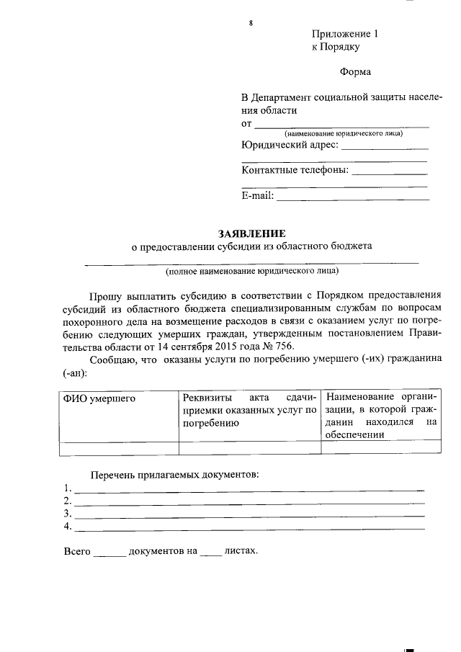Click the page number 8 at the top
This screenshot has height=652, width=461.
click(x=251, y=23)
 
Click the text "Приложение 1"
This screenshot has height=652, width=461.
click(x=344, y=35)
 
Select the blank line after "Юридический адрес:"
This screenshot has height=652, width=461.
click(x=385, y=147)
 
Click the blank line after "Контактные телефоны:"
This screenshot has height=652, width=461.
click(x=390, y=173)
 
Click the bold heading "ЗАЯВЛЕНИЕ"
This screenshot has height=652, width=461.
click(x=252, y=233)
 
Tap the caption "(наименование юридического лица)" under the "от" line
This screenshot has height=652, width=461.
click(x=344, y=134)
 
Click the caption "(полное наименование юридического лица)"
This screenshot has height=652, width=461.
click(x=251, y=272)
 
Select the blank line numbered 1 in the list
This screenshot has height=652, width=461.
click(x=249, y=489)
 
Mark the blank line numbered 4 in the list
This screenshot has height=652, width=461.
click(x=249, y=528)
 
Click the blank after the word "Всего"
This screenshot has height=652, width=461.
click(x=109, y=554)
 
